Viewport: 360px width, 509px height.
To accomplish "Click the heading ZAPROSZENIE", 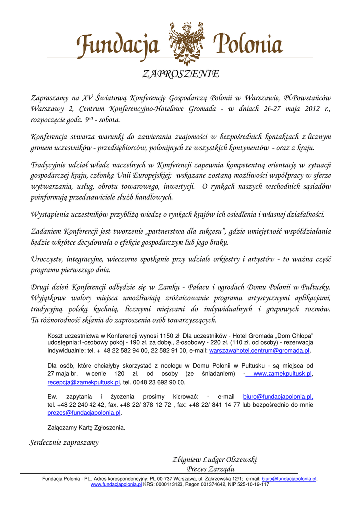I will coord(180,74).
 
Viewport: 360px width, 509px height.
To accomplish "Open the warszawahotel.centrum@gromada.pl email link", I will coord(260,351).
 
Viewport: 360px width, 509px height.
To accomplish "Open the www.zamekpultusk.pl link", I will coord(282,374).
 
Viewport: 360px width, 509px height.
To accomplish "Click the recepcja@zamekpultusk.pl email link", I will coord(84,382).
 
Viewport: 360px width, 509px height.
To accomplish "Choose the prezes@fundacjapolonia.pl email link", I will coord(84,413).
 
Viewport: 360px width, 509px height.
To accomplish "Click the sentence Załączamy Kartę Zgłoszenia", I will coord(86,427).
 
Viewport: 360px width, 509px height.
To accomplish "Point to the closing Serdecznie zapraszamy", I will coord(64,442).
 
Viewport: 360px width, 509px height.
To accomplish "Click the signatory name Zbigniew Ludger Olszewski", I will coord(214,460).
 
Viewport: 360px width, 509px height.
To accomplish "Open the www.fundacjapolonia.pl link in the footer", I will coord(116,484).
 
